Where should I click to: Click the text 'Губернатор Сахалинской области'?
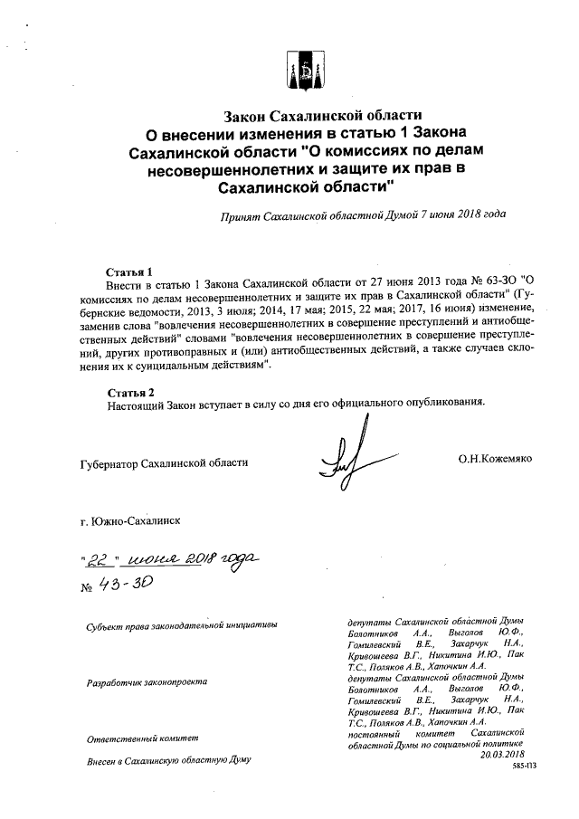coord(164,463)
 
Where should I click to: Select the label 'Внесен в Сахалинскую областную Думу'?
coord(167,762)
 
